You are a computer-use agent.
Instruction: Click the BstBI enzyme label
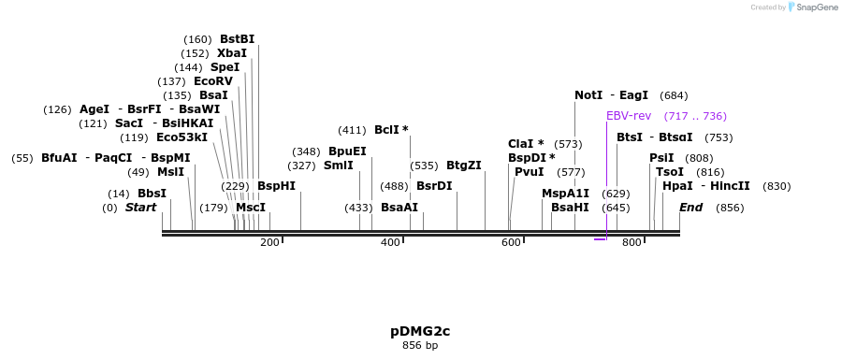(x=237, y=39)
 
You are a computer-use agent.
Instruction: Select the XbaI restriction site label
(x=232, y=53)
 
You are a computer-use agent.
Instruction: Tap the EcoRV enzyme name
(x=212, y=81)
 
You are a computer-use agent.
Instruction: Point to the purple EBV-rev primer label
(x=629, y=116)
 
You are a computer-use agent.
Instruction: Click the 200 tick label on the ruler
(x=269, y=243)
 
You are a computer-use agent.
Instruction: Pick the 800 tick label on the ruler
(x=631, y=243)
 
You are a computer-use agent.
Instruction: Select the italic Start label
(x=141, y=208)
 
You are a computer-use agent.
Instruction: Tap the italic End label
(x=690, y=208)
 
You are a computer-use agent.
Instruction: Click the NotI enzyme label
(x=588, y=95)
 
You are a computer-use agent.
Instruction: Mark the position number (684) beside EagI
(x=674, y=95)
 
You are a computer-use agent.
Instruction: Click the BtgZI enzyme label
(x=464, y=166)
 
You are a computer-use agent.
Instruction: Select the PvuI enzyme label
(x=530, y=172)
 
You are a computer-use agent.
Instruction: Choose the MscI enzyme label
(x=251, y=208)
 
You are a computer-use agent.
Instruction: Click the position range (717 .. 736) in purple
(x=695, y=116)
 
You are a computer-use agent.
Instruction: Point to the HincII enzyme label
(x=731, y=186)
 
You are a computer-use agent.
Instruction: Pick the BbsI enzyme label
(x=152, y=194)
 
